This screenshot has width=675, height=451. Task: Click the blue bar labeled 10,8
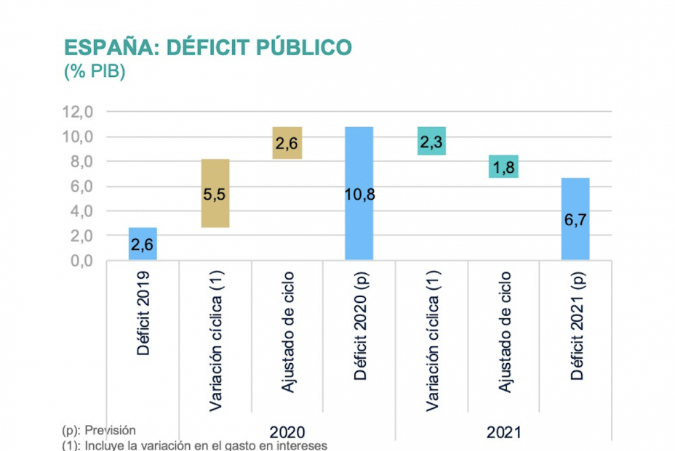[x=359, y=193]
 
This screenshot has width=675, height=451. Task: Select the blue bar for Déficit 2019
[x=143, y=244]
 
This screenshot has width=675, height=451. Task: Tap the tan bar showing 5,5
[x=215, y=193]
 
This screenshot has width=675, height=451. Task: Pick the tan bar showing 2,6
[x=287, y=143]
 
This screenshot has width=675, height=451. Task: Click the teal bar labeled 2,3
[x=431, y=141]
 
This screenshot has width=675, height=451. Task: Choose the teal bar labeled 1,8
[x=503, y=166]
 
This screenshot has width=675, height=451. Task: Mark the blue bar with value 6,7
[x=575, y=219]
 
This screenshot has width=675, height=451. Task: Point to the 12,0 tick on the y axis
[x=78, y=113]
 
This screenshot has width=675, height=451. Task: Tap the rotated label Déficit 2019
[x=143, y=314]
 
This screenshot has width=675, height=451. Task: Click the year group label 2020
[x=287, y=431]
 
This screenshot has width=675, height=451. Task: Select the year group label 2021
[x=503, y=431]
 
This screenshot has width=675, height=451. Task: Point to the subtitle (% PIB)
[x=95, y=73]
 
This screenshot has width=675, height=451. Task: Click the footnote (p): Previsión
[x=100, y=430]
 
